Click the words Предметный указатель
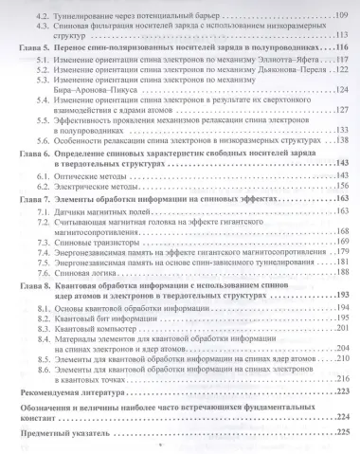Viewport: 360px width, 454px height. (x=76, y=433)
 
